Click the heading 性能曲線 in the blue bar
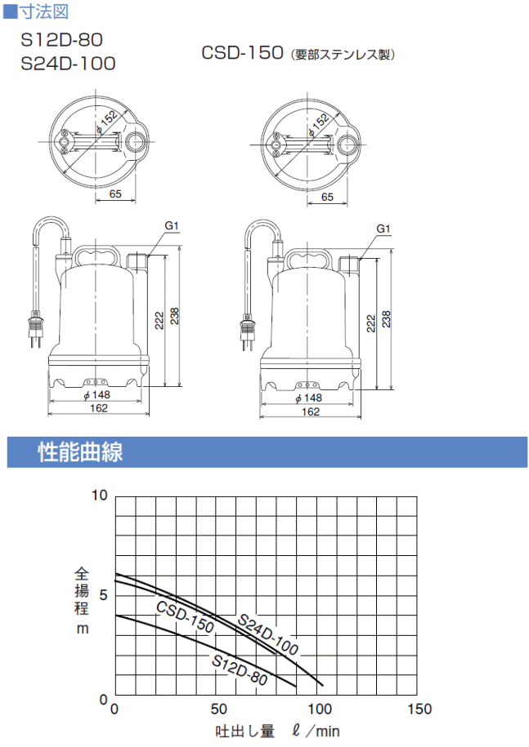click(80, 451)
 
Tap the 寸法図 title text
click(43, 11)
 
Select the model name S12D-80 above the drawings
click(61, 40)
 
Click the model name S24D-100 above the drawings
click(68, 64)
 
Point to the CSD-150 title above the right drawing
click(242, 52)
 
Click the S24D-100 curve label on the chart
click(267, 634)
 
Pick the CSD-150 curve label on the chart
click(185, 617)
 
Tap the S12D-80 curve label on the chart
click(240, 669)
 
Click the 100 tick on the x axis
click(319, 709)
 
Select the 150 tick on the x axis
click(419, 709)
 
